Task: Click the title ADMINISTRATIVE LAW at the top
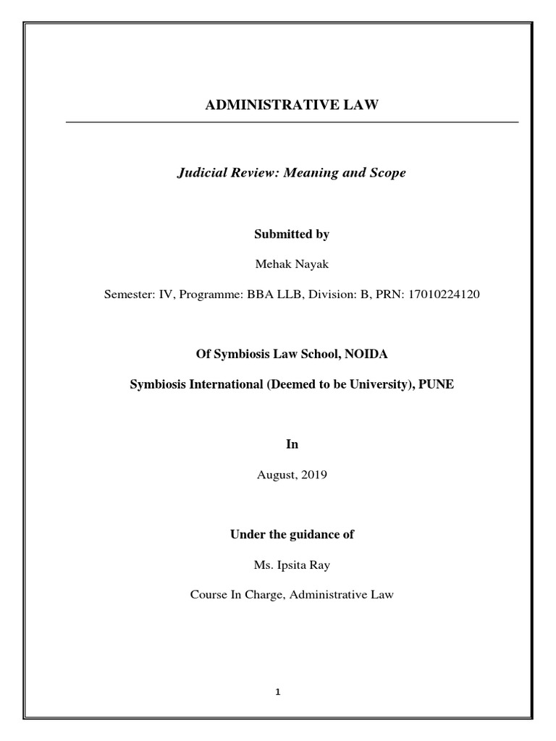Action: pos(292,106)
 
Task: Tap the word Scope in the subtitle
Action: pos(389,174)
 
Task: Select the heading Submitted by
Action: pos(292,234)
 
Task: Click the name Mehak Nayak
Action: pos(292,265)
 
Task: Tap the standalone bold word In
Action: pos(292,444)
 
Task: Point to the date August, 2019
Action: pos(292,475)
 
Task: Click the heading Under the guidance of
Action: pos(292,535)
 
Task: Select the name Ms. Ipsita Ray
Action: pos(292,565)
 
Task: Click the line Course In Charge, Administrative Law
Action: pos(292,596)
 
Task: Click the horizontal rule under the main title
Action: pos(292,123)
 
